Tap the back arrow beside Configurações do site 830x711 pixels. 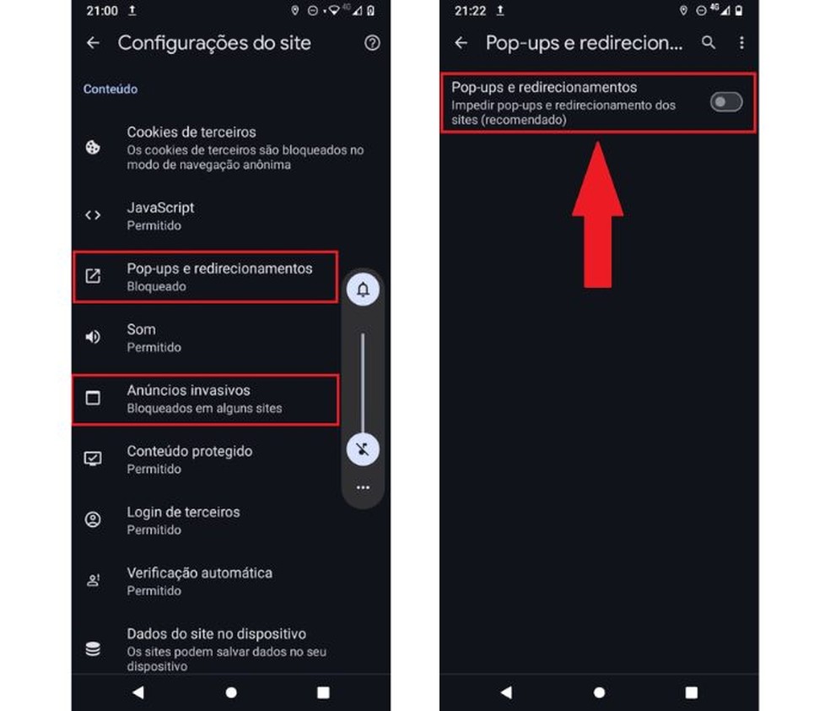click(93, 43)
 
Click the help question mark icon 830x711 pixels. click(372, 43)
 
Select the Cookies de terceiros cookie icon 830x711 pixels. click(93, 147)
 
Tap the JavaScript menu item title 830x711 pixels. click(160, 208)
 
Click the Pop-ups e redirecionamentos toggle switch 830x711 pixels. click(725, 102)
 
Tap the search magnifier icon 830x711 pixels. click(709, 42)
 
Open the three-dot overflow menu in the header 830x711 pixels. click(741, 42)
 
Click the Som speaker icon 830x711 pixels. click(93, 337)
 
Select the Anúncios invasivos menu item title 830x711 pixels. click(188, 390)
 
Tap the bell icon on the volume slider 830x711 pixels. click(363, 290)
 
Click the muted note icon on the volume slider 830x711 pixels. click(363, 448)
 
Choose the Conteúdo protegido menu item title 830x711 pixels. click(189, 451)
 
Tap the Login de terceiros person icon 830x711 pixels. click(93, 519)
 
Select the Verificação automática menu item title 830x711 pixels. click(199, 573)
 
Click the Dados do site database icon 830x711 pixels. click(93, 649)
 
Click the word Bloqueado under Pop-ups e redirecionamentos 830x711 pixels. click(156, 286)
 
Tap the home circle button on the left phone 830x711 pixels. click(231, 692)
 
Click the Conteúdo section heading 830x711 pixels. click(110, 89)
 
